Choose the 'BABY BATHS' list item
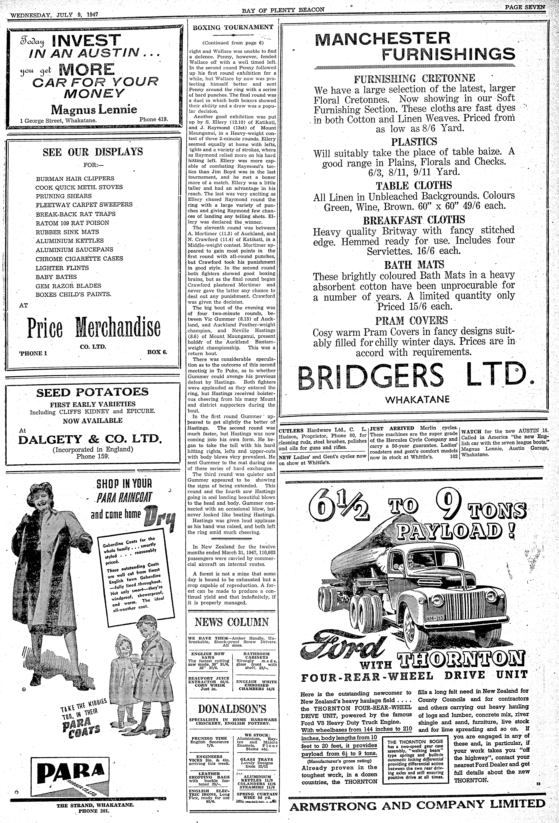pyautogui.click(x=56, y=277)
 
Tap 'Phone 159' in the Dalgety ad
pyautogui.click(x=93, y=456)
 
